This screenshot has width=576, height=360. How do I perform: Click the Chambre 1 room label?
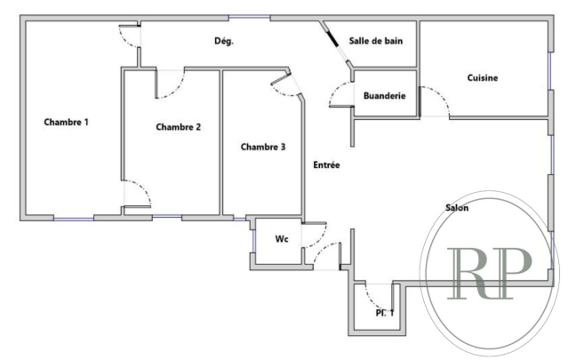tap(67, 122)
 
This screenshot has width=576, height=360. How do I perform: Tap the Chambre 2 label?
tap(178, 127)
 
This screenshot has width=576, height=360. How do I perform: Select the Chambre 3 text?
tap(263, 147)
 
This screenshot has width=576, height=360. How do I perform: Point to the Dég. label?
tap(224, 42)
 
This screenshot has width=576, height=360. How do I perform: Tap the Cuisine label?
tap(483, 77)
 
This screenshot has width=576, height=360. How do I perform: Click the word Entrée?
tap(326, 164)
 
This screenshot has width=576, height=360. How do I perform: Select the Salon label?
tap(458, 208)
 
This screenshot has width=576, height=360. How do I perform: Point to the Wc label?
tap(282, 239)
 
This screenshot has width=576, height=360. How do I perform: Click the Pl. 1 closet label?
tap(384, 312)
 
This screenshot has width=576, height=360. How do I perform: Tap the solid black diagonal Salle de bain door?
tap(332, 40)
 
